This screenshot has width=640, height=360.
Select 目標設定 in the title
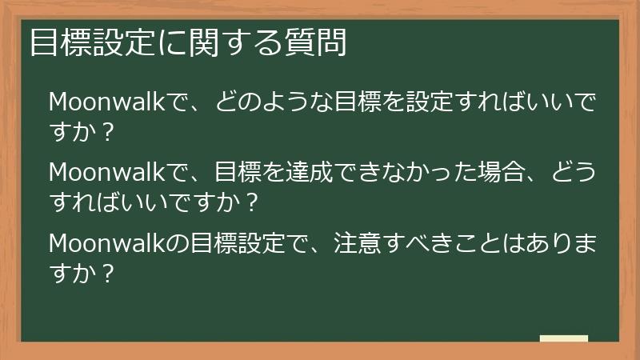(87, 42)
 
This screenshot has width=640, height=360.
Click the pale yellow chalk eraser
(563, 339)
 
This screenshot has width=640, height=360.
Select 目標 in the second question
(238, 172)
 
